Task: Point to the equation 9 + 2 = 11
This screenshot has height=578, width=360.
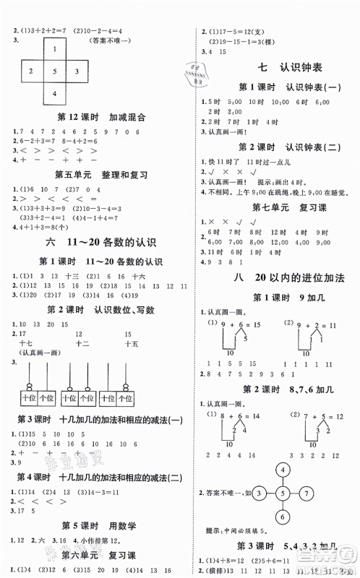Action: click(x=314, y=327)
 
